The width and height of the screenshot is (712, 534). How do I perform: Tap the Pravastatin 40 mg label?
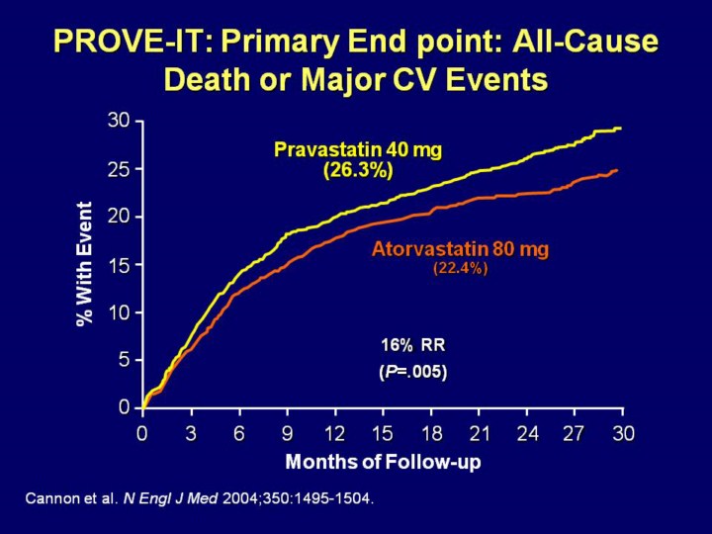point(358,150)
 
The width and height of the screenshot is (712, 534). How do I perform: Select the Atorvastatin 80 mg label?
point(460,249)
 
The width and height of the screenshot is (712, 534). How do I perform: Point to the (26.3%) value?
point(358,170)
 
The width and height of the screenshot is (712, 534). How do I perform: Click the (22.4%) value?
point(460,268)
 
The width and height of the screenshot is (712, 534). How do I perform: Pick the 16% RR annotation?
point(413,345)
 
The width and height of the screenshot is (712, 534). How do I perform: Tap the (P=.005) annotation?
point(413,373)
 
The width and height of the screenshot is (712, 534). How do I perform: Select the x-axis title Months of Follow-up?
point(383,462)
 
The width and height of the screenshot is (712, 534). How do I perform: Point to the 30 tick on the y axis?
point(119,121)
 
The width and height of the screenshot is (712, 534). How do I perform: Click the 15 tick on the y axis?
point(119,264)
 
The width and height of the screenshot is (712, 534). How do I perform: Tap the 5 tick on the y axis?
point(125,360)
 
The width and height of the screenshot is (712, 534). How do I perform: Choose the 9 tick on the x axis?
point(287,433)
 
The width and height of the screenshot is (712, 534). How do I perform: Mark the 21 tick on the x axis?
point(479,433)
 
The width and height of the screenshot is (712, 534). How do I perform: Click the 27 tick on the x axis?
point(575,433)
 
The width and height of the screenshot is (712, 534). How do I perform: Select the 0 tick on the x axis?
point(142,433)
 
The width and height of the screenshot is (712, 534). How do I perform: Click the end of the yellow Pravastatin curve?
point(620,129)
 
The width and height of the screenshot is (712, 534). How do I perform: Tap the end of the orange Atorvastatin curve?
point(617,171)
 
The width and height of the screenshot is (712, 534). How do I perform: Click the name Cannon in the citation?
point(46,499)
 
